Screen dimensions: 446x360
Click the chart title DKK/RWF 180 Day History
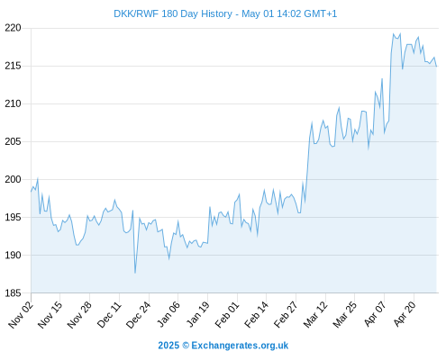coord(173,13)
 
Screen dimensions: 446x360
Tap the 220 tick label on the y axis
coord(13,28)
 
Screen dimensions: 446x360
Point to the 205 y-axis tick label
coord(13,141)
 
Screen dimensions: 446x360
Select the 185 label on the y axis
coord(13,293)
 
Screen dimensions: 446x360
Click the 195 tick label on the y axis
coord(13,217)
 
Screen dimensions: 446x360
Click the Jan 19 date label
coord(197,314)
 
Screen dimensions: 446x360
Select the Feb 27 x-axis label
coord(286,314)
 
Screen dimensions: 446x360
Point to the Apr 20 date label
coord(405,314)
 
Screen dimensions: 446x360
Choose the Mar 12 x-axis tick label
coord(315,314)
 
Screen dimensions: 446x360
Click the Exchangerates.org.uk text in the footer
coord(240,346)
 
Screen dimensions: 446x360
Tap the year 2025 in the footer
coord(168,346)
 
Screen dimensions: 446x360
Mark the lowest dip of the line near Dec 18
coord(135,273)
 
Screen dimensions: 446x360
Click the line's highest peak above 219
coord(394,34)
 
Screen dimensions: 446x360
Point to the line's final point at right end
coord(436,66)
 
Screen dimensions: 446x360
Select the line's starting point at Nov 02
coord(31,192)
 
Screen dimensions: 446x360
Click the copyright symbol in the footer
coord(186,346)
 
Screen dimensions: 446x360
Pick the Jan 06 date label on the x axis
coord(168,314)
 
